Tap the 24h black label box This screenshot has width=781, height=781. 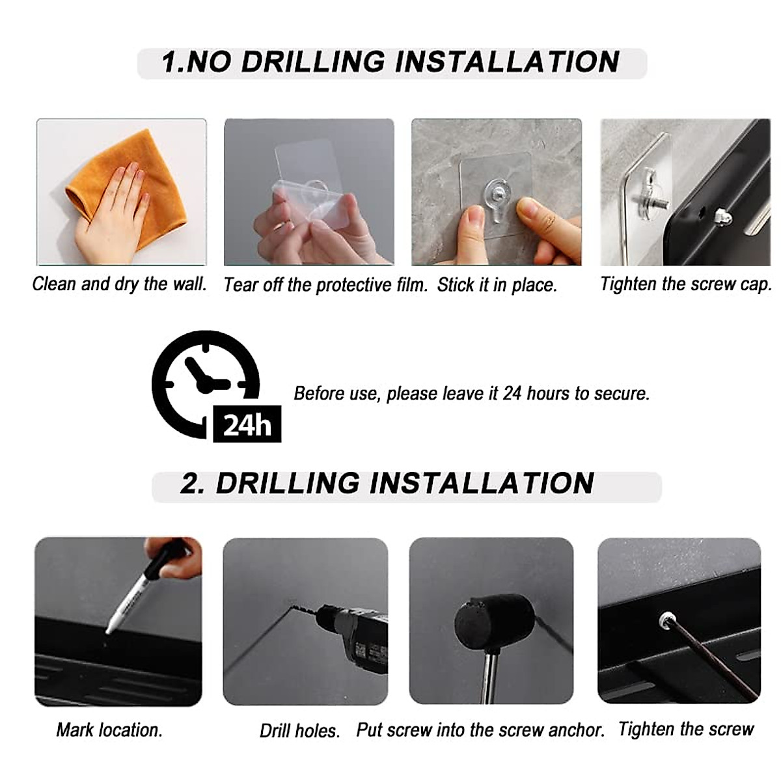[247, 424]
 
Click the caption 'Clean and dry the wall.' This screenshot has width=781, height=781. [120, 284]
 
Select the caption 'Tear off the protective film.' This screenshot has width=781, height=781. [325, 285]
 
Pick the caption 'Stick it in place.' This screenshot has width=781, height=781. [497, 285]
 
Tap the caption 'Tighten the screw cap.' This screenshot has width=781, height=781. [686, 284]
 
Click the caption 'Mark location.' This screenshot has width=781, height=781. [109, 730]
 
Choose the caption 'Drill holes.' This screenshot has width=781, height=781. [300, 731]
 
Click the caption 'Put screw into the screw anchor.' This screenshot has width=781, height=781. [480, 730]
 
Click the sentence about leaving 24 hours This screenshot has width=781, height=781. [472, 394]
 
